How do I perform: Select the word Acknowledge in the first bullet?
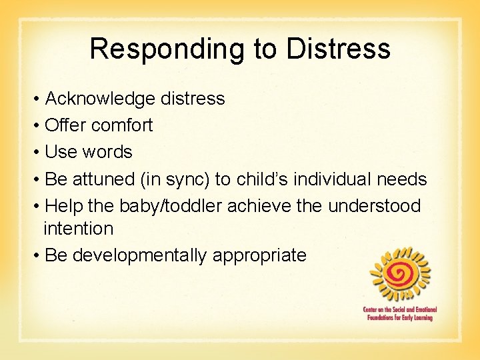tap(100, 99)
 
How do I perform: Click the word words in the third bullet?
tap(107, 152)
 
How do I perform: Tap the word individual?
tap(327, 179)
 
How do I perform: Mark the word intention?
tap(79, 229)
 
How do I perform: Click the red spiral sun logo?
tap(400, 274)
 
